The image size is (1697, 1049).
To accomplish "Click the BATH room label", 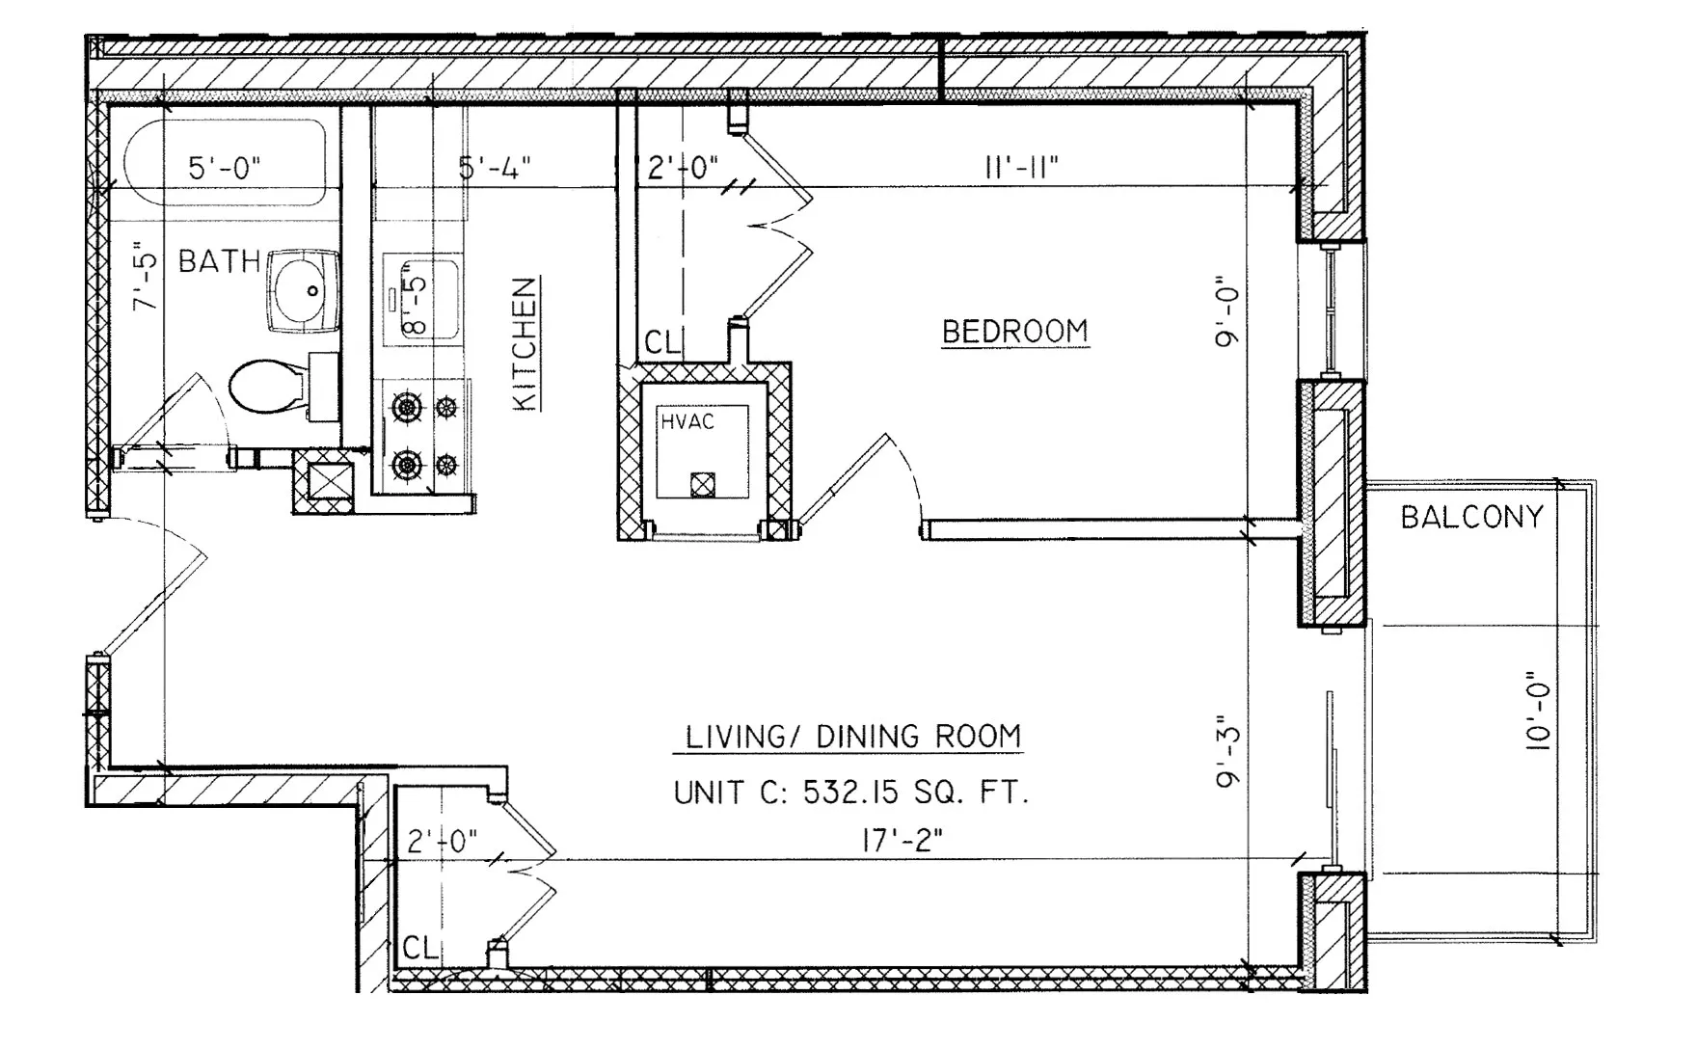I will [x=219, y=261].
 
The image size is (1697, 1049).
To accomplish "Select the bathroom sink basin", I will [x=302, y=290].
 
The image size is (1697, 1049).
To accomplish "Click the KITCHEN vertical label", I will [x=525, y=343].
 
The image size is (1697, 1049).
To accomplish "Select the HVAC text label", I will [x=687, y=421].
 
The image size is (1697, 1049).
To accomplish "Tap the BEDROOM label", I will [x=1014, y=332].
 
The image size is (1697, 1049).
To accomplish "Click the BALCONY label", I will [x=1471, y=518].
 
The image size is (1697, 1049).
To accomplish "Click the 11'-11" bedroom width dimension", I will [x=1021, y=168].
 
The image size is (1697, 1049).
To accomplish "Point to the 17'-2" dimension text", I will [x=902, y=841].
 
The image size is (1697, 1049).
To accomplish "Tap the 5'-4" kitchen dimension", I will [x=495, y=168].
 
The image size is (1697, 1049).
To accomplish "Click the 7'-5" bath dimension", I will [x=145, y=276].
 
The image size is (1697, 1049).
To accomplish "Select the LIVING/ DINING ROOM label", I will [x=852, y=738].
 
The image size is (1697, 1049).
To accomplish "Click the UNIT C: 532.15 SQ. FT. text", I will [x=850, y=793].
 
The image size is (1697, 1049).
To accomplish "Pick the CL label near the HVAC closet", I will [x=662, y=342].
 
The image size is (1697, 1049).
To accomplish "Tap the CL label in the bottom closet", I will [x=420, y=948].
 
